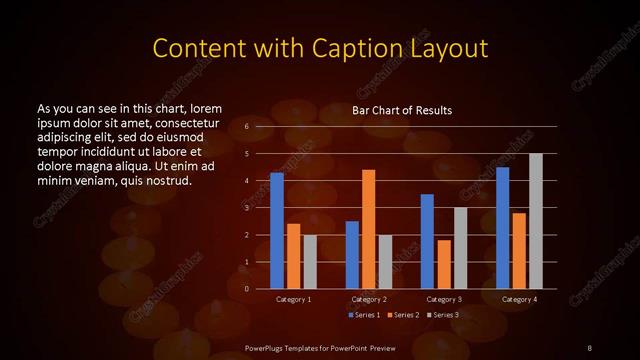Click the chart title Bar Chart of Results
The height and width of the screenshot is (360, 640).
click(401, 110)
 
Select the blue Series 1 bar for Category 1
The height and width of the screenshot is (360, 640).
click(277, 231)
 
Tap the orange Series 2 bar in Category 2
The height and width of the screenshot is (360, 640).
click(368, 229)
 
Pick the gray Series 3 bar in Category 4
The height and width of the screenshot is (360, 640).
click(535, 221)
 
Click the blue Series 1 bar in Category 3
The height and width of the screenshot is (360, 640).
click(427, 241)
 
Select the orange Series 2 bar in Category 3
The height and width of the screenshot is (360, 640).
click(443, 264)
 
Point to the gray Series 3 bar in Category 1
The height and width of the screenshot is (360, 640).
click(310, 262)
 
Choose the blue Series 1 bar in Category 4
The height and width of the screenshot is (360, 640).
click(502, 228)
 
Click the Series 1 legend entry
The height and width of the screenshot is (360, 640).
click(364, 316)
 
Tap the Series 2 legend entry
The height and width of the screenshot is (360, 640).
click(403, 316)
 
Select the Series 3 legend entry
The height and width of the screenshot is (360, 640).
click(442, 316)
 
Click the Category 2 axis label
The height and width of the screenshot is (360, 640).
click(368, 299)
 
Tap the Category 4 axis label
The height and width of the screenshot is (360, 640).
click(518, 299)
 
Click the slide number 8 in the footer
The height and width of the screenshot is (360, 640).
click(590, 347)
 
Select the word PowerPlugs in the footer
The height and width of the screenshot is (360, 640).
click(265, 347)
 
